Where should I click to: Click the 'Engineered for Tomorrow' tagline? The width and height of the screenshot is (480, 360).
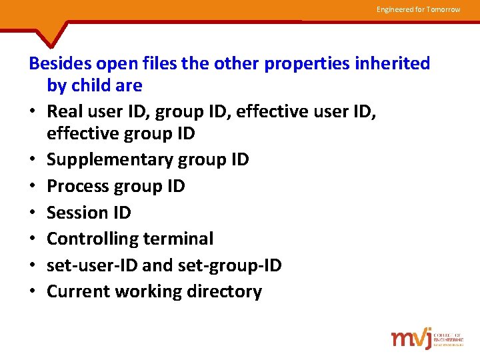[x=418, y=9]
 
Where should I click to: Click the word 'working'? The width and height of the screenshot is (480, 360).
[x=145, y=292]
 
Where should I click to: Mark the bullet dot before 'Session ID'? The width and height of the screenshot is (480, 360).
[x=33, y=213]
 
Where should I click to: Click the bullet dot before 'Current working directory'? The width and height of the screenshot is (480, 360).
[x=33, y=292]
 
